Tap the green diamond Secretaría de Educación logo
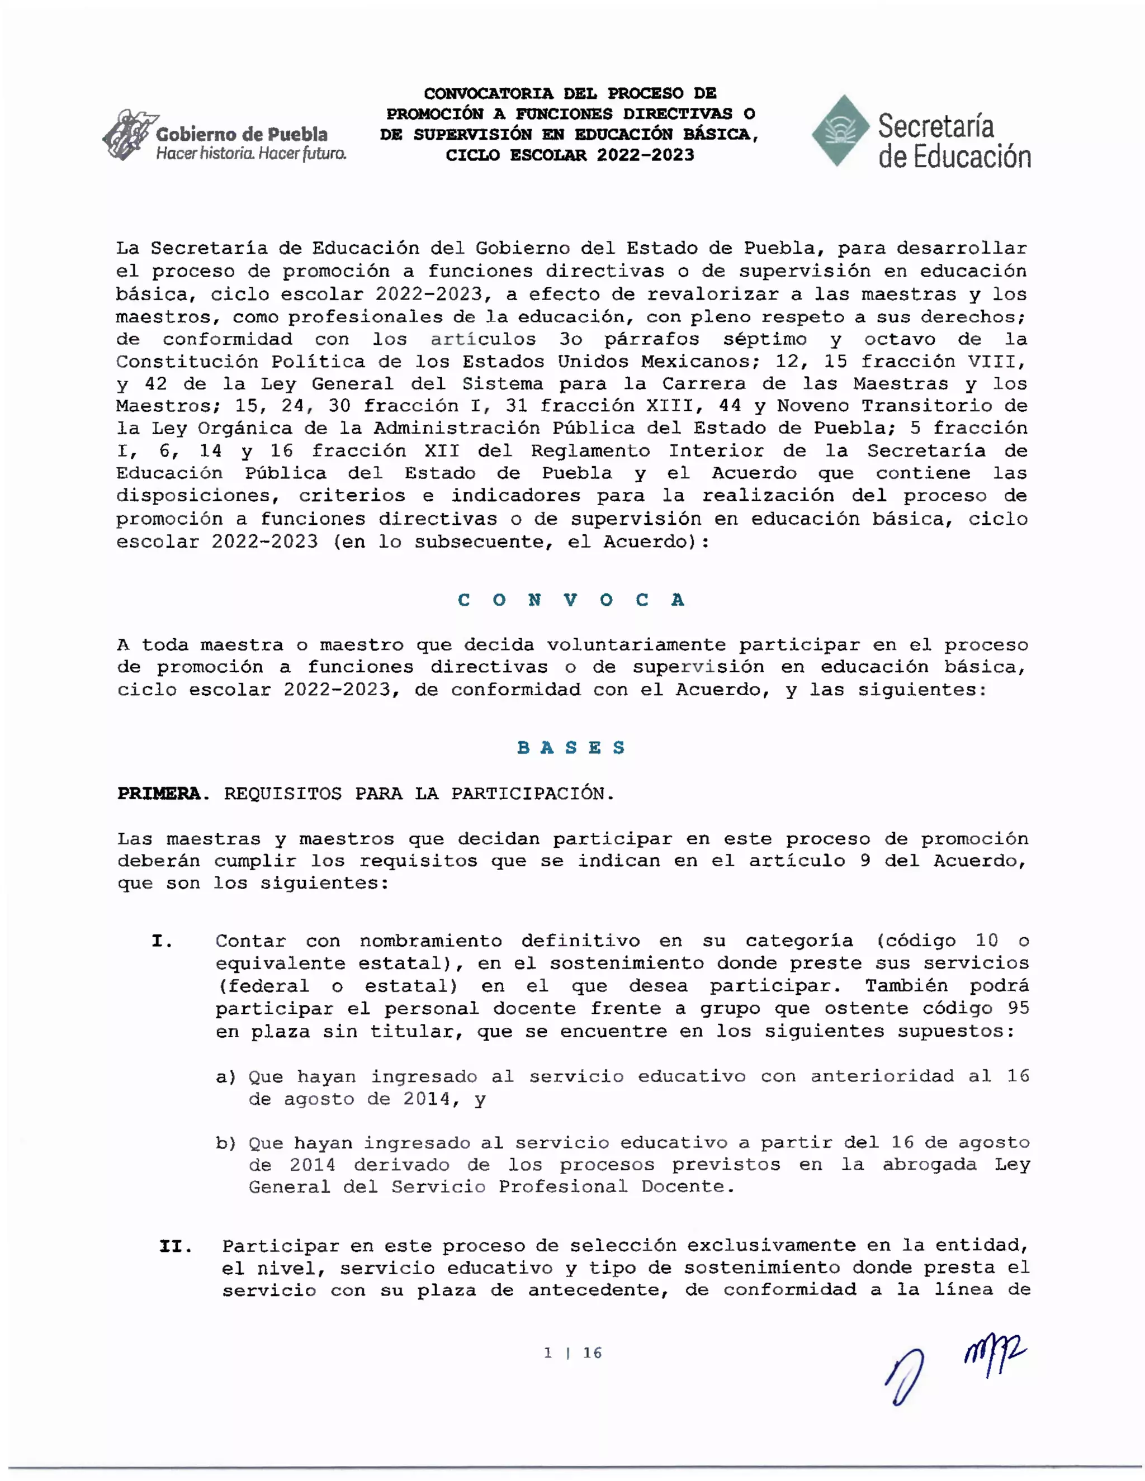pyautogui.click(x=840, y=131)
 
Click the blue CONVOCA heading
pyautogui.click(x=571, y=600)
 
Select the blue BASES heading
pyautogui.click(x=571, y=748)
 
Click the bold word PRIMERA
pyautogui.click(x=159, y=794)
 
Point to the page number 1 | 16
pyautogui.click(x=572, y=1353)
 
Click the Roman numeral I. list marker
pyautogui.click(x=162, y=941)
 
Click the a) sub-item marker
pyautogui.click(x=226, y=1077)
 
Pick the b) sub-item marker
pyautogui.click(x=226, y=1143)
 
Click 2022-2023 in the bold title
pyautogui.click(x=646, y=155)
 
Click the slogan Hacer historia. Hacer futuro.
pyautogui.click(x=251, y=154)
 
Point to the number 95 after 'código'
pyautogui.click(x=1018, y=1008)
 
